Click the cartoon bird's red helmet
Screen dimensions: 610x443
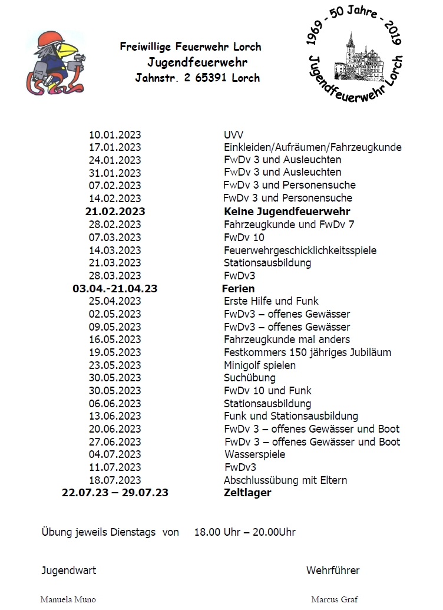click(49, 39)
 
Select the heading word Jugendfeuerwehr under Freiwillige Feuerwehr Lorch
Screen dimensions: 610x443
click(197, 62)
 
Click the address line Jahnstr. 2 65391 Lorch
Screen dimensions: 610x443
click(197, 78)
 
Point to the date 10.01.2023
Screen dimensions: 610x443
click(115, 134)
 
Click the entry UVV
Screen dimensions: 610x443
click(234, 134)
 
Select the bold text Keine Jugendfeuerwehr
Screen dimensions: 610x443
click(287, 212)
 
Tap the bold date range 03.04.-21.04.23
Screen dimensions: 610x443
click(115, 289)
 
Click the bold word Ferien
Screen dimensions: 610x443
click(239, 289)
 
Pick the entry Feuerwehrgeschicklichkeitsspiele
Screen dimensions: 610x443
click(300, 250)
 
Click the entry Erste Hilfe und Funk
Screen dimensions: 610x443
click(271, 301)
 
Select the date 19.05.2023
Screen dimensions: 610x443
click(115, 352)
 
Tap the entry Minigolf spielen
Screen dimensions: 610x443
click(260, 365)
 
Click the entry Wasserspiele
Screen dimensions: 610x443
click(254, 454)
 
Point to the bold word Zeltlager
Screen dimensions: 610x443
click(247, 493)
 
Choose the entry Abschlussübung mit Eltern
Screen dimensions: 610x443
click(285, 480)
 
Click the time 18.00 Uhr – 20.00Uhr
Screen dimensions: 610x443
click(244, 532)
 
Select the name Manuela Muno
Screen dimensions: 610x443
click(68, 599)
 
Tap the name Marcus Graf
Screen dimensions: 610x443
click(334, 599)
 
